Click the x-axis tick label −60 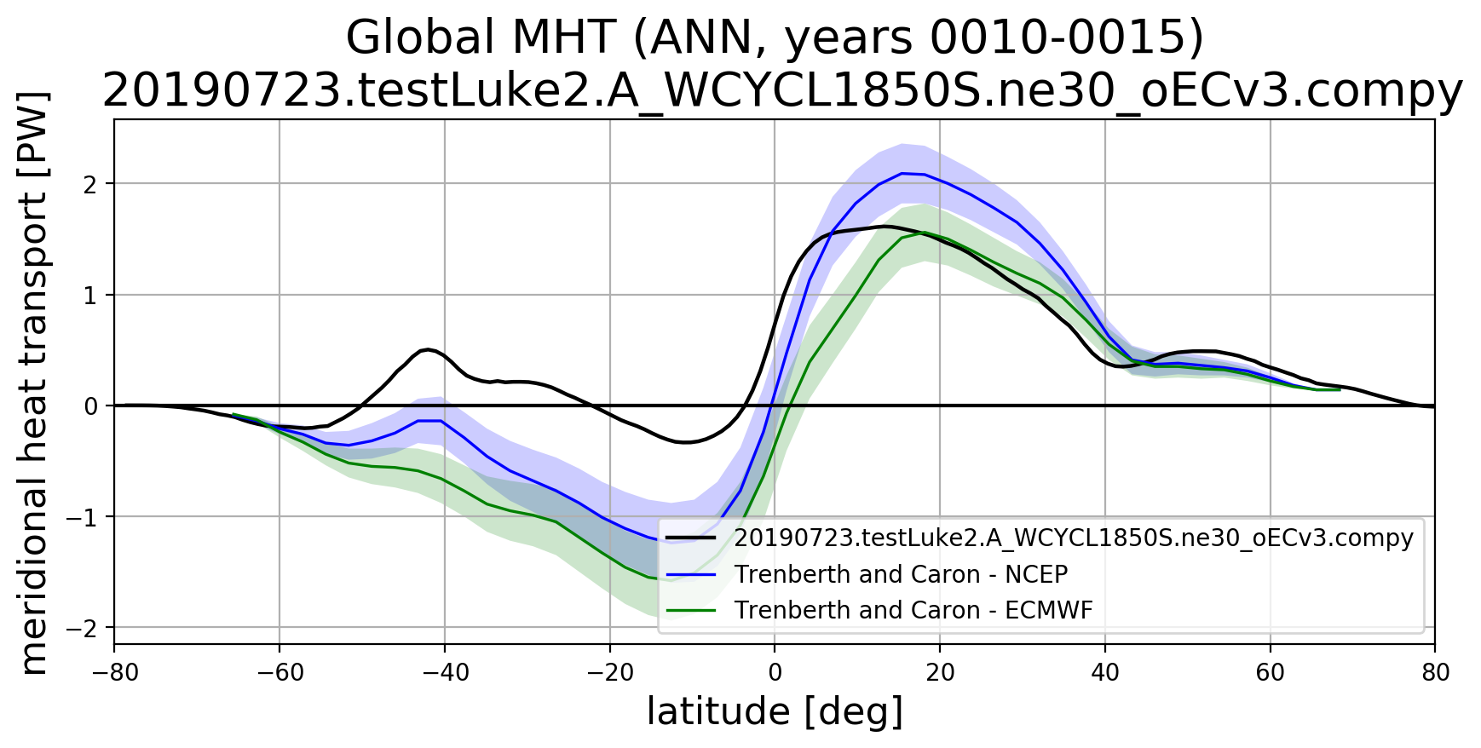coord(279,673)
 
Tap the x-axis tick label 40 coord(1105,673)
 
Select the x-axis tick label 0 coord(775,673)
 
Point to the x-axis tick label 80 coord(1435,673)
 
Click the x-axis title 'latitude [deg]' coord(775,712)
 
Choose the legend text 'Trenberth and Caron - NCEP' coord(901,574)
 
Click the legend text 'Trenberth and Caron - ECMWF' coord(913,610)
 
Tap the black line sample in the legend coord(691,538)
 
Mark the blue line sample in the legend coord(691,574)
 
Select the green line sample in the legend coord(691,610)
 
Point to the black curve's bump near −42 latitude coord(429,349)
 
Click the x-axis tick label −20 coord(608,673)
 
